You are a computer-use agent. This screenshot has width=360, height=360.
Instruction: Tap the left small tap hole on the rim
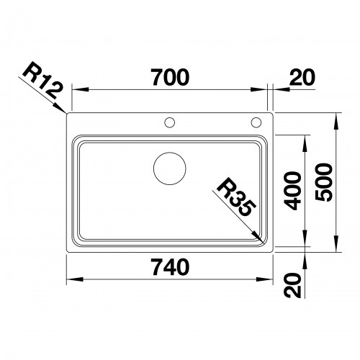pyautogui.click(x=170, y=122)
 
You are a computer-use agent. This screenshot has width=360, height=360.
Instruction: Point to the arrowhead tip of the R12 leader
pyautogui.click(x=67, y=112)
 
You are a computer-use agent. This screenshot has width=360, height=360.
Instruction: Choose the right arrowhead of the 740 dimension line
pyautogui.click(x=271, y=280)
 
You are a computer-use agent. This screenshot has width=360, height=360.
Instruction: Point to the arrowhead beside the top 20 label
pyautogui.click(x=276, y=91)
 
